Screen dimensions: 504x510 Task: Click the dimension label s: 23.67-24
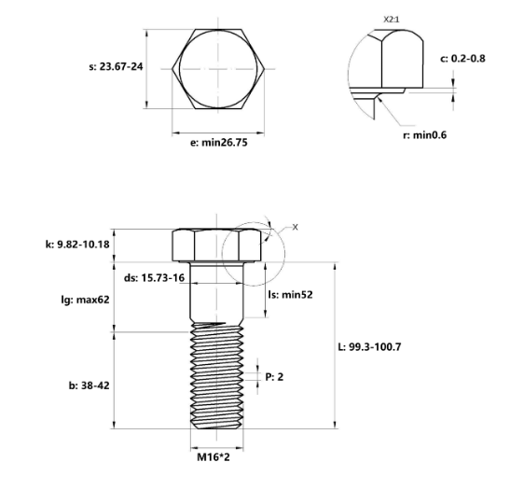pyautogui.click(x=115, y=66)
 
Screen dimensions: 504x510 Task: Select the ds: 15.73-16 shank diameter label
pyautogui.click(x=154, y=278)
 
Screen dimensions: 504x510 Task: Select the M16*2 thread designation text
pyautogui.click(x=215, y=457)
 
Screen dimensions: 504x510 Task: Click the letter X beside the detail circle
pyautogui.click(x=296, y=227)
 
